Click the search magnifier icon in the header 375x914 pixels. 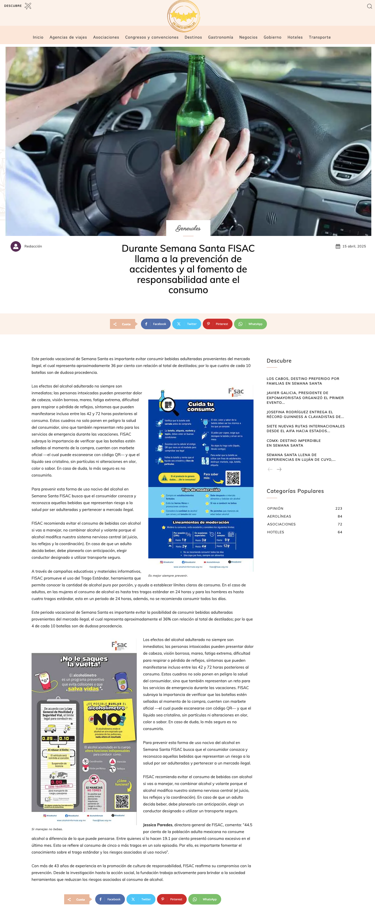(x=369, y=6)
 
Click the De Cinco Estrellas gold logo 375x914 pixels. (x=184, y=16)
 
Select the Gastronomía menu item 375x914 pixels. (x=221, y=37)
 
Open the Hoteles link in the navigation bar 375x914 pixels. (x=295, y=37)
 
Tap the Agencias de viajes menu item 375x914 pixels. (x=68, y=37)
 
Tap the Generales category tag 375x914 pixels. (x=188, y=228)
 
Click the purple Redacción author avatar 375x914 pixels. (x=16, y=246)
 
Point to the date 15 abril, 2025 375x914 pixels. (x=354, y=246)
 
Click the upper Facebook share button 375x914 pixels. (x=155, y=324)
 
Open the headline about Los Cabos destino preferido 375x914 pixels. (x=303, y=381)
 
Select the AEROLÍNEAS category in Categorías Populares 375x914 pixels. (x=279, y=516)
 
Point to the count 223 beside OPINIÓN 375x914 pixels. (x=338, y=508)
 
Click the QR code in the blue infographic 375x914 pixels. (x=233, y=478)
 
